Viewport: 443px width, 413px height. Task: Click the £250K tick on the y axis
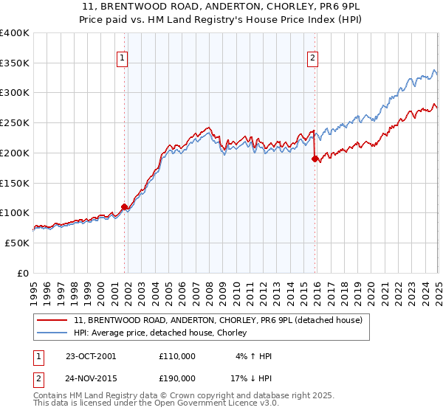point(16,123)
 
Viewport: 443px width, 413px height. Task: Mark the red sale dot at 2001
point(124,206)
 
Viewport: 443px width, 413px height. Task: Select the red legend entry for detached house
point(218,320)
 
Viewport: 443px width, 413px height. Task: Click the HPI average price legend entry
point(164,333)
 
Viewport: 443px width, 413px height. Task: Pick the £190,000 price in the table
point(176,377)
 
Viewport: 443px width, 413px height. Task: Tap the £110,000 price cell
point(176,356)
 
